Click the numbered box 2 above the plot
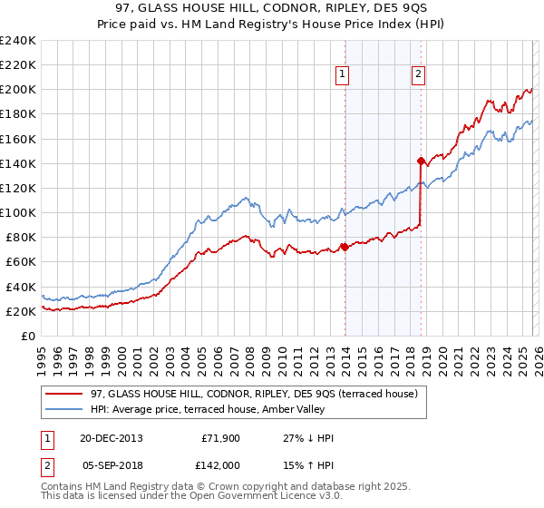(419, 75)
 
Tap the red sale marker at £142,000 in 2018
(421, 161)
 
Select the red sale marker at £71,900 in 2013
(345, 247)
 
